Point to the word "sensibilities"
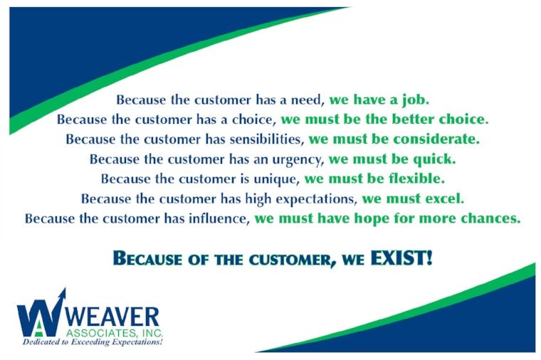point(267,139)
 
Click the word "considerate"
point(436,139)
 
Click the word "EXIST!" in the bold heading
point(401,258)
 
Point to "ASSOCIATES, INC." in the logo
point(114,333)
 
